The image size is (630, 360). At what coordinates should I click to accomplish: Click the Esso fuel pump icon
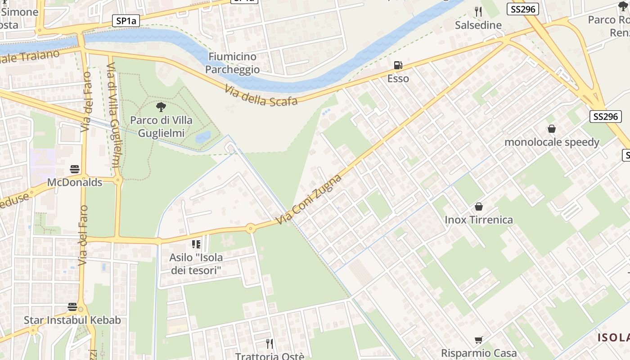398,66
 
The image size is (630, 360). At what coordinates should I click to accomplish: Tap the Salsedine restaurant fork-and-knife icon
478,12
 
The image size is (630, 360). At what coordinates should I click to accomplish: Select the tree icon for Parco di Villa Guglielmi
161,107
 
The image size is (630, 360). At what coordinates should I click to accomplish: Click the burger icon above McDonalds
75,169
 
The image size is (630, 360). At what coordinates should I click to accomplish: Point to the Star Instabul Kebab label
72,320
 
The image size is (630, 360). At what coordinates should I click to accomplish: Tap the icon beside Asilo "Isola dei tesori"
196,244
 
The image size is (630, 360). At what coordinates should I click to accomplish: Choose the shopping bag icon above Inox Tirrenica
479,207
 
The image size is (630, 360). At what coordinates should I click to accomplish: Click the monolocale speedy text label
552,142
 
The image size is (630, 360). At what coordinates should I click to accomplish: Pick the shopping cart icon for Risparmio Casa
479,340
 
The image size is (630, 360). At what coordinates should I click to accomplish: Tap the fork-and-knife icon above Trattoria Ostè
270,344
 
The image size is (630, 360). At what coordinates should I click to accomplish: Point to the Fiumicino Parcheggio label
232,63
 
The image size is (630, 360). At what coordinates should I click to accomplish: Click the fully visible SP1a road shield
126,21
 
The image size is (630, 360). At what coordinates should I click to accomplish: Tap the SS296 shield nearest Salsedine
522,9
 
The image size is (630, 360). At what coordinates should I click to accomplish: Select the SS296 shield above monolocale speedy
605,117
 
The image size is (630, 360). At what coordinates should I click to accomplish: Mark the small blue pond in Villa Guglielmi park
203,137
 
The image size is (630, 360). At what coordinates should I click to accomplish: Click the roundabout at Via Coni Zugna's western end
251,229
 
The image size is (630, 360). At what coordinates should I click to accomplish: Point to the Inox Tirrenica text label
479,220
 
